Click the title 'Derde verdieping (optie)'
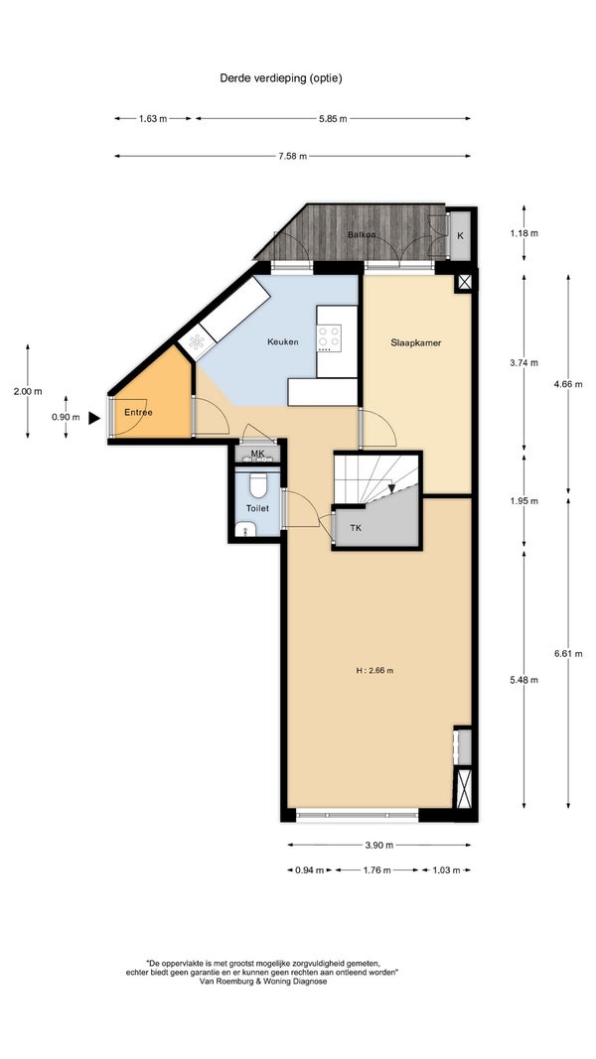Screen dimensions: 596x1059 pos(281,77)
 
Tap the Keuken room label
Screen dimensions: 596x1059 pos(282,342)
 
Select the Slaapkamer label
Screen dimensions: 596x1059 pos(416,342)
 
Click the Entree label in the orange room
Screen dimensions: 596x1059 pos(138,412)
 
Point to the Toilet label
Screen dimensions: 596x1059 pos(257,508)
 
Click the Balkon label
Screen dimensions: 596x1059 pos(362,234)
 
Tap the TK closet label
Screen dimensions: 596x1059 pos(356,527)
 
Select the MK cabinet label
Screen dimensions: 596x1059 pos(257,454)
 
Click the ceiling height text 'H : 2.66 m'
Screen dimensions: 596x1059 pos(374,671)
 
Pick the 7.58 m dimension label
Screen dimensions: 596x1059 pos(292,156)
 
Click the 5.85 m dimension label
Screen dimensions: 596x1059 pos(333,119)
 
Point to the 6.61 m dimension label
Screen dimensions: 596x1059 pos(567,653)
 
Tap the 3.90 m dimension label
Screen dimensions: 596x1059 pos(378,845)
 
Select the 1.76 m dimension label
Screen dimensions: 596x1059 pos(376,869)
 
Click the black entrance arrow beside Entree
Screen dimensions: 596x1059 pos(94,418)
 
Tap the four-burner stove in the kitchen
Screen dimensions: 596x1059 pos(330,338)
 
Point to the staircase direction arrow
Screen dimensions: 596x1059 pos(391,487)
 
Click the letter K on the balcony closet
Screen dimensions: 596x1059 pos(460,235)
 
